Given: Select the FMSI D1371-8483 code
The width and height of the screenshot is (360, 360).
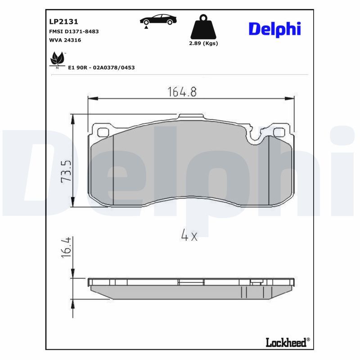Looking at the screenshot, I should (x=73, y=31).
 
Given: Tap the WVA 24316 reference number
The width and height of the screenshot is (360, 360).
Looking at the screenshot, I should (x=65, y=40).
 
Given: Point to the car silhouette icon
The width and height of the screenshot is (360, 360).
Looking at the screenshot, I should (x=158, y=19).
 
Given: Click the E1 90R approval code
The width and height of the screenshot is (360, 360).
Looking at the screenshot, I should (x=101, y=67).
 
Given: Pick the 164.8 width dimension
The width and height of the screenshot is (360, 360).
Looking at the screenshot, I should (x=182, y=92).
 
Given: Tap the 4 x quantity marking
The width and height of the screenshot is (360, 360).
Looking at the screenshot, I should (x=189, y=234).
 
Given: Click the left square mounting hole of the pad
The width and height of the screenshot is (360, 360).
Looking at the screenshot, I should (x=103, y=132).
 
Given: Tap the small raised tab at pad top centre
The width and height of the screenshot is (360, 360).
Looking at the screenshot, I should (x=191, y=117).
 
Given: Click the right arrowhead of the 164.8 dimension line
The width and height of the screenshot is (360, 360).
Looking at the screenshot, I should (x=291, y=98).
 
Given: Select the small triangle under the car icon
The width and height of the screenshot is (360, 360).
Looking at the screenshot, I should (x=146, y=28).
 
